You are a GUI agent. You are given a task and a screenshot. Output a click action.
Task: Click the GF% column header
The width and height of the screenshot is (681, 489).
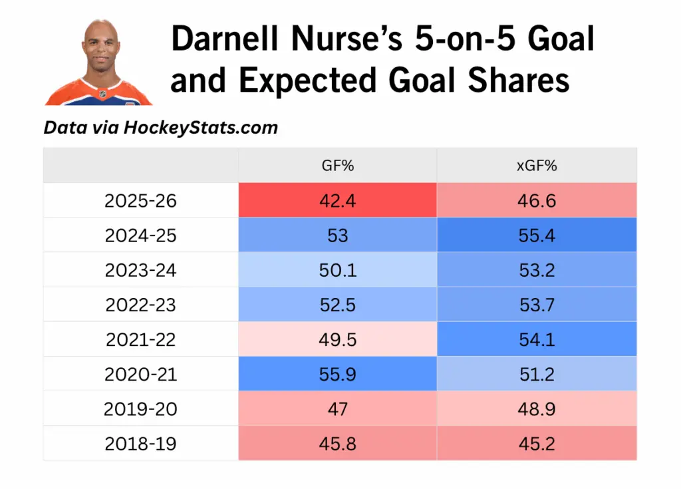tap(337, 166)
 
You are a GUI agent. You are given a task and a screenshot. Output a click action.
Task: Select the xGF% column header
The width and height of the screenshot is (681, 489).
tap(536, 166)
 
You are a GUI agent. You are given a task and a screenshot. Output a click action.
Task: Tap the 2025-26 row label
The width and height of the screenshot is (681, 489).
tap(140, 200)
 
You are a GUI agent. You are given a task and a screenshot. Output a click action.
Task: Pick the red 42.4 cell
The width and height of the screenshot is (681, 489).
tap(337, 200)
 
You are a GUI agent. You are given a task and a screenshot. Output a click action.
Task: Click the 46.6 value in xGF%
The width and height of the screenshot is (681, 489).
tap(536, 200)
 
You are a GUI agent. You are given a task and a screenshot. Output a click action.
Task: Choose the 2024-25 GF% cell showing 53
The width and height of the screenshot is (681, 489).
tap(337, 235)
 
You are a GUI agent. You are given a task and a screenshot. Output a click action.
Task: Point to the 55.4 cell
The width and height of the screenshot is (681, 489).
tap(536, 235)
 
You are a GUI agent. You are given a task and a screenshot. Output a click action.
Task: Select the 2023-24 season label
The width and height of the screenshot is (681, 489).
tap(140, 269)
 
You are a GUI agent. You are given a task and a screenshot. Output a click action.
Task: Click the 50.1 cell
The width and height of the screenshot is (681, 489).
tap(337, 269)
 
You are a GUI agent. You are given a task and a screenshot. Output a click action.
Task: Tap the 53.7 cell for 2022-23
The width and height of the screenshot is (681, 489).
tap(536, 304)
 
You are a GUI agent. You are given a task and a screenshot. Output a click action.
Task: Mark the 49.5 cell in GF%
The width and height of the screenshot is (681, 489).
tap(337, 339)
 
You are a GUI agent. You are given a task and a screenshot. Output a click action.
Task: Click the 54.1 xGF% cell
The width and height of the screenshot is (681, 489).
tap(536, 339)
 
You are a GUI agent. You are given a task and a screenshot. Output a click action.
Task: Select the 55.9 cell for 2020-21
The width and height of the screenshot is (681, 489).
tap(337, 374)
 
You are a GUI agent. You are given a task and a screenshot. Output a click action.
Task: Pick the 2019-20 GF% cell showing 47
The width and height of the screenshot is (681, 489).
tap(337, 408)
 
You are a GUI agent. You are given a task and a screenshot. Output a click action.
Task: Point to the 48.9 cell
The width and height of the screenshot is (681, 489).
tap(536, 408)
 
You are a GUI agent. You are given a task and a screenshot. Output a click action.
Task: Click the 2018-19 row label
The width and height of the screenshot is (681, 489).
tap(140, 443)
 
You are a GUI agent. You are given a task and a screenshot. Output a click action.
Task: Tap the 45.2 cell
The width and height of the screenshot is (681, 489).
tap(536, 443)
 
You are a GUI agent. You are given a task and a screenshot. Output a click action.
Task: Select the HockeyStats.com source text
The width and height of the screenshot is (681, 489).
tap(200, 127)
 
